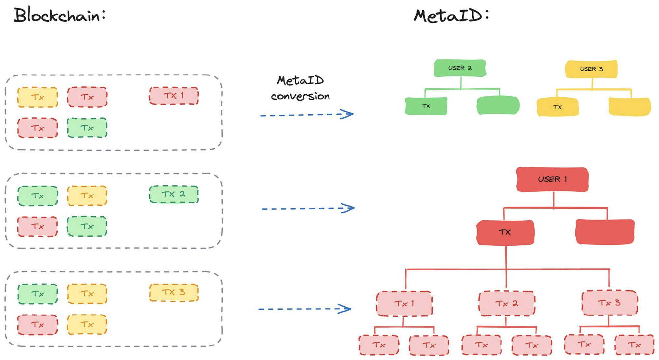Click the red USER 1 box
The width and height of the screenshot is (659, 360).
tap(552, 179)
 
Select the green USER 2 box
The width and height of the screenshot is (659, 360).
tap(460, 68)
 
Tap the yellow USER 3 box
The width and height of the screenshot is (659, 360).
tap(591, 69)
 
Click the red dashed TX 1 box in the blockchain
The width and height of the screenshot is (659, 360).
tap(174, 96)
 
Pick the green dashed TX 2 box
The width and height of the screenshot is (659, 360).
tap(174, 194)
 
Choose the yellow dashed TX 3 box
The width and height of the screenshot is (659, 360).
tap(174, 292)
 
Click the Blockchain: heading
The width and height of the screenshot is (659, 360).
tap(60, 15)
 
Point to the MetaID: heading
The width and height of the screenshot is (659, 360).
tap(451, 15)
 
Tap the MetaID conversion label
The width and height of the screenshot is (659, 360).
tap(300, 88)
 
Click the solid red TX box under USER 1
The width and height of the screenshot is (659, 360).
tap(505, 232)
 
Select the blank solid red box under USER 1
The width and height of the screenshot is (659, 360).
tap(605, 232)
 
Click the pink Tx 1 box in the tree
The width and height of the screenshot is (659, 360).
tap(404, 304)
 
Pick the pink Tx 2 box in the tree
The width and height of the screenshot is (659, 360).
tap(507, 304)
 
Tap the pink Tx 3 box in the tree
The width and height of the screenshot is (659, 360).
tap(610, 303)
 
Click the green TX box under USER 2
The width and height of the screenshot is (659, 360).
tap(426, 106)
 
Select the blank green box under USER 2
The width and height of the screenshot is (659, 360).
tap(498, 105)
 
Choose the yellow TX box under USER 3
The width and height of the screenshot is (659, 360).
tap(558, 107)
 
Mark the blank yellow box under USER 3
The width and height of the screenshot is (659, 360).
tap(630, 106)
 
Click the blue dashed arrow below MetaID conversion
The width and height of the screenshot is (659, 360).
tap(306, 115)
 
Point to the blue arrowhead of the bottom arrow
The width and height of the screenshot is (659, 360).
tap(345, 309)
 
